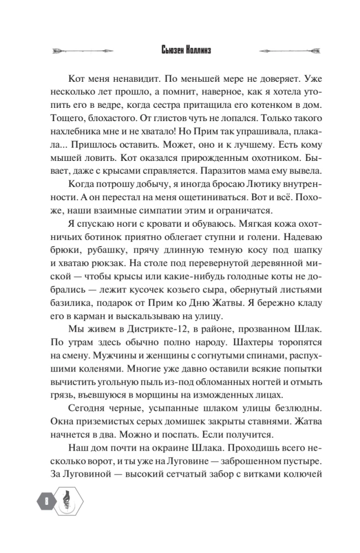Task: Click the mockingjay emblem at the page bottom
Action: (66, 503)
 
